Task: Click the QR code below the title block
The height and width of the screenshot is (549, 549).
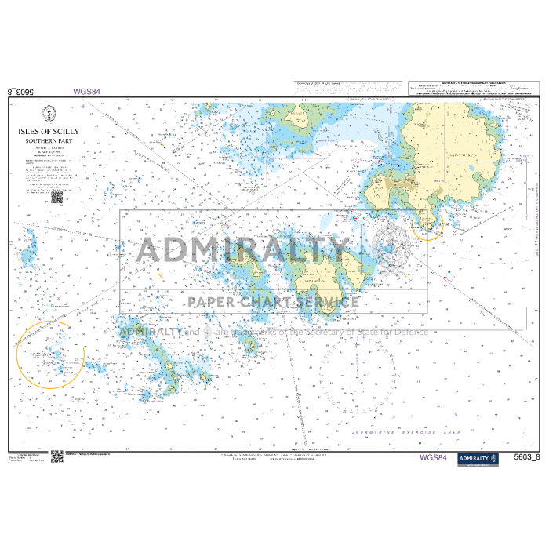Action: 56,198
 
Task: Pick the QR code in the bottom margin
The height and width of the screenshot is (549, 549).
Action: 57,456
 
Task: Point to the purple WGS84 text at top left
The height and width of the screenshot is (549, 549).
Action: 86,92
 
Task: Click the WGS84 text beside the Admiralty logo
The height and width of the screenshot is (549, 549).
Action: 434,458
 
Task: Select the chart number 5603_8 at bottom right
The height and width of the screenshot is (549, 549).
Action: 525,458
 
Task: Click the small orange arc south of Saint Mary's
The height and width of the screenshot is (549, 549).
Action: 431,227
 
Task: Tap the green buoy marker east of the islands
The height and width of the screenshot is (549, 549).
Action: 448,272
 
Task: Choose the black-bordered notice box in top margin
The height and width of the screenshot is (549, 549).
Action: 474,89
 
